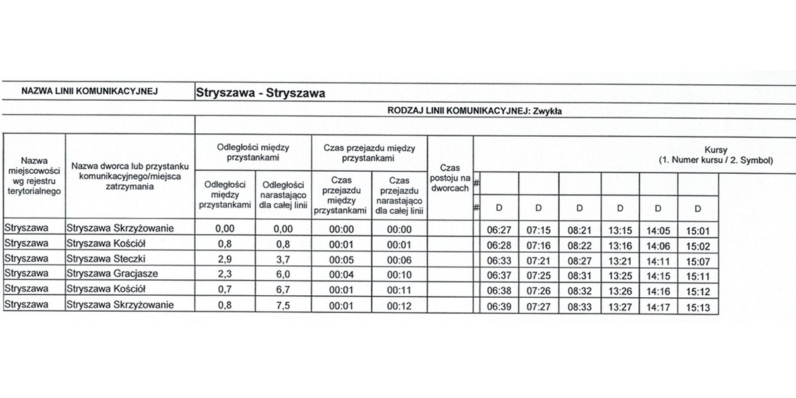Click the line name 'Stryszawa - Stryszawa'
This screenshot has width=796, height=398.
click(260, 93)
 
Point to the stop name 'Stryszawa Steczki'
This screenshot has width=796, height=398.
click(106, 259)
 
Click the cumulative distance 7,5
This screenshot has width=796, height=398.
click(283, 306)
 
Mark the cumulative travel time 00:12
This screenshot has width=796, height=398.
click(399, 306)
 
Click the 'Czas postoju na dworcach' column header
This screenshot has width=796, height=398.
click(450, 178)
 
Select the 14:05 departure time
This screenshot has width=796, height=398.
click(659, 230)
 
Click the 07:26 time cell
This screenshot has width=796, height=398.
click(538, 291)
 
